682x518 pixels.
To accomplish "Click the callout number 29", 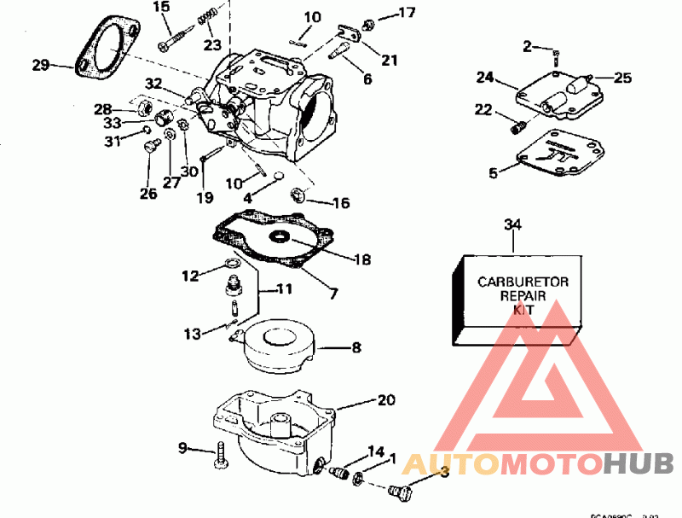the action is (x=40, y=64).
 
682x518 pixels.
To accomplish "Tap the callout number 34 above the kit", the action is (x=512, y=225).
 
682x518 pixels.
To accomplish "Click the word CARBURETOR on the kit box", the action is (x=517, y=282).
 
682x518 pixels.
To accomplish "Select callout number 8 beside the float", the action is (x=356, y=347).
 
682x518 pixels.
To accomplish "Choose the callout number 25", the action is (x=622, y=79).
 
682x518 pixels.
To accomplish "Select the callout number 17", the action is (x=407, y=13).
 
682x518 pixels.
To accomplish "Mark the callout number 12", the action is (x=190, y=275).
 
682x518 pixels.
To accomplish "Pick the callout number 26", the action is (x=148, y=194).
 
